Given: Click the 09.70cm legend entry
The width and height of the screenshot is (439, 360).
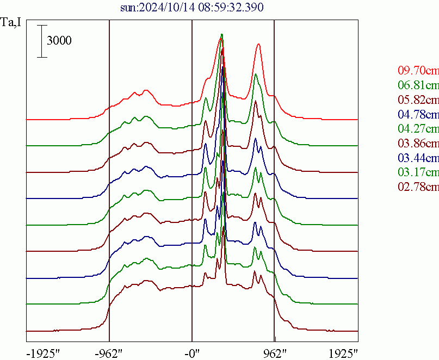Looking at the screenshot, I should coord(418,71).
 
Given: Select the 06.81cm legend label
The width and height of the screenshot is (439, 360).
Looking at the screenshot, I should coord(418,85).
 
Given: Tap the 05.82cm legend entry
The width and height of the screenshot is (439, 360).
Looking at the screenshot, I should coord(418,100).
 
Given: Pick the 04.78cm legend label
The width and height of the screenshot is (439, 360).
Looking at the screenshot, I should coord(418,115).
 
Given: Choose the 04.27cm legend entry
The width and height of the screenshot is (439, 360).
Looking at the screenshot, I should coord(418,129).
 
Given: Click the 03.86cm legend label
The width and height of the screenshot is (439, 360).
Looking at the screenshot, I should coord(418,144).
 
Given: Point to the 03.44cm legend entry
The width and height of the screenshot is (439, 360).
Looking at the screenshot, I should coord(418,159).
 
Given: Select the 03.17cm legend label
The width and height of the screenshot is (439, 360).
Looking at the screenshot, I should coord(418,173).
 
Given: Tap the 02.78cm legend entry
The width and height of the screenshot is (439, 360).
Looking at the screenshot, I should coord(418,188).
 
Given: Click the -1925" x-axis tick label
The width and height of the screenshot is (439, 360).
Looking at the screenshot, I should coord(43,353).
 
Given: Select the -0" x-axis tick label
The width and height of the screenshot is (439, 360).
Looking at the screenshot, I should coord(192,353).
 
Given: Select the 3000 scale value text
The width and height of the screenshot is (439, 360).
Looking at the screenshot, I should coord(59,41).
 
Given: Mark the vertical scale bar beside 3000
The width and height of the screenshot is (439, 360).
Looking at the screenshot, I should coord(40,41).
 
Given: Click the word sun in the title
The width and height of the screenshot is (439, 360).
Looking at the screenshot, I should coord(128,8).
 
